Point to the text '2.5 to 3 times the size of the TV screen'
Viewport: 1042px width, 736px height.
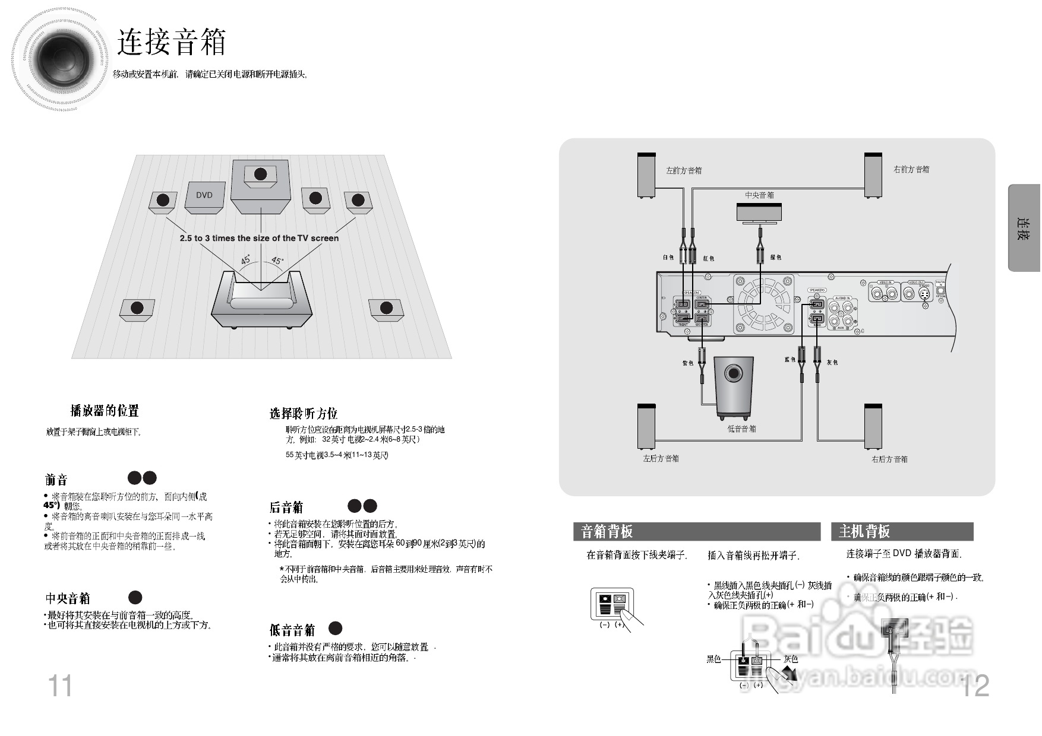pos(259,238)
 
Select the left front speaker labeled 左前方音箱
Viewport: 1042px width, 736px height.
pos(646,176)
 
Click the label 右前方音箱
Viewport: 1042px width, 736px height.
pos(911,170)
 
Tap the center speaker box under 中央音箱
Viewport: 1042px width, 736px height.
pos(759,212)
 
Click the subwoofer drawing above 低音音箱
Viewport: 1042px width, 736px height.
pos(734,386)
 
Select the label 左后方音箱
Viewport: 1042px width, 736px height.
pos(661,459)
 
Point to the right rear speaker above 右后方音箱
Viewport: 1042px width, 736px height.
pos(873,427)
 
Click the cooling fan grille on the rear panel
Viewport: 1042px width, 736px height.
pos(763,303)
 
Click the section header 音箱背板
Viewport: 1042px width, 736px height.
pos(607,532)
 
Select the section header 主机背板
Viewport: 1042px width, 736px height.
pos(864,532)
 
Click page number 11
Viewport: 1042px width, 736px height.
pos(59,686)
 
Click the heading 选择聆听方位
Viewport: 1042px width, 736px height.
pos(303,414)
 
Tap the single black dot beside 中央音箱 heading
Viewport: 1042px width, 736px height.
pos(135,597)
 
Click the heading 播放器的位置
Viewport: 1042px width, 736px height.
pos(105,411)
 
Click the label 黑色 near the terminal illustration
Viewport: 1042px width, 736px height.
pos(713,659)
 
